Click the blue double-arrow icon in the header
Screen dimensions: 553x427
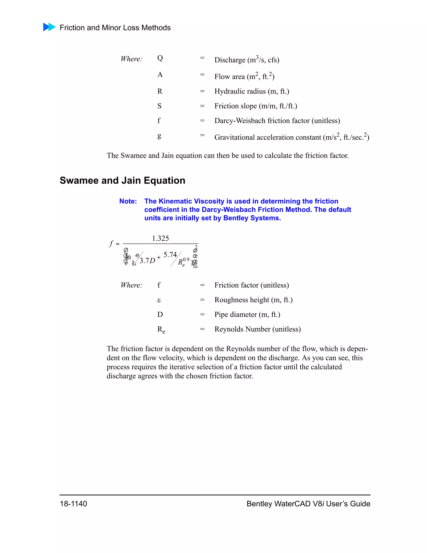(49, 27)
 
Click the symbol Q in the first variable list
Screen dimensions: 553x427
(160, 58)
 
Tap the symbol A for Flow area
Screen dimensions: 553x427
(160, 75)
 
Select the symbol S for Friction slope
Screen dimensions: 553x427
(159, 106)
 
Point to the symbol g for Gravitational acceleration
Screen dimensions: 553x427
(159, 136)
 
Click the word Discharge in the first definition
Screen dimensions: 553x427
(230, 60)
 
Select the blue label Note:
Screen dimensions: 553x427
(128, 201)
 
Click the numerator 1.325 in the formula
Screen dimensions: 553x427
(160, 238)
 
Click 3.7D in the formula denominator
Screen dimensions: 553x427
(147, 261)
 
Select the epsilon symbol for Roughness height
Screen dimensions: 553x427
(159, 300)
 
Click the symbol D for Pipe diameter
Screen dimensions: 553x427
(160, 314)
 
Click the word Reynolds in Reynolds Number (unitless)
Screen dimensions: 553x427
(229, 329)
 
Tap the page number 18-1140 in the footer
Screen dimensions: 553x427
(73, 504)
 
